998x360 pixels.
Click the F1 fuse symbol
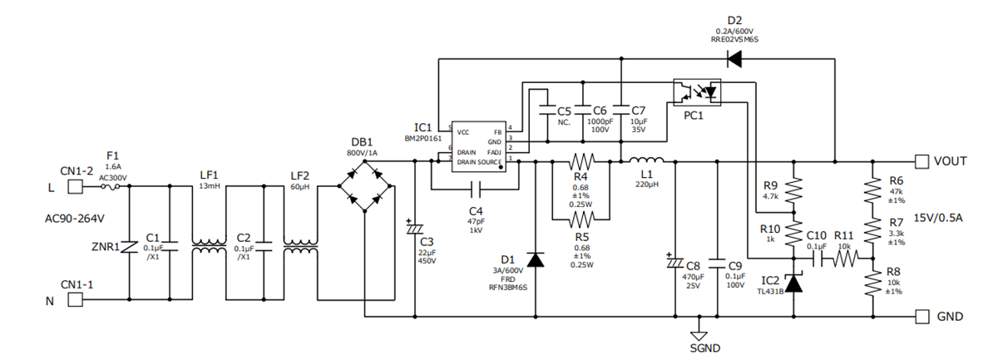[x=112, y=187]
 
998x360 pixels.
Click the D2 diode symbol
[x=734, y=58]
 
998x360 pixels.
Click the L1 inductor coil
[x=645, y=160]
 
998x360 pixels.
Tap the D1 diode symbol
[x=535, y=260]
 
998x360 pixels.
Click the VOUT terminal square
[x=921, y=160]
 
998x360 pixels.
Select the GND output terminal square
[x=921, y=316]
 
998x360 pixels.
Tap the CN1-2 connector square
[x=73, y=187]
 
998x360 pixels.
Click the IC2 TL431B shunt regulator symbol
[x=794, y=283]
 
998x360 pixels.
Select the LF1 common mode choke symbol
[x=209, y=246]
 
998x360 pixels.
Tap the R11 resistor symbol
[x=844, y=259]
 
